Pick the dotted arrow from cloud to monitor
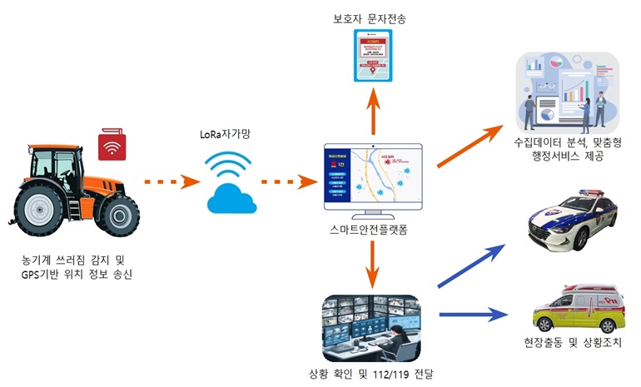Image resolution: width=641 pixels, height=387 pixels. point(286,180)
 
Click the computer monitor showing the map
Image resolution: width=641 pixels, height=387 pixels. point(372,176)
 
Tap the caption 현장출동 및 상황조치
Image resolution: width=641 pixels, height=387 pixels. point(573,343)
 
